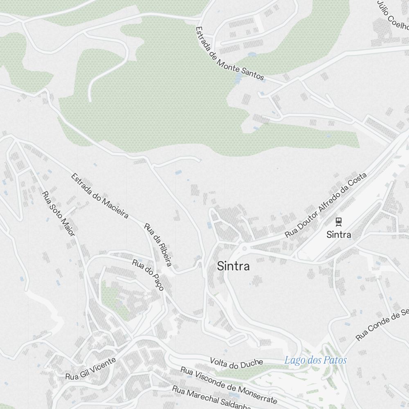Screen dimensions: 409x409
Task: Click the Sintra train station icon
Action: pyautogui.click(x=338, y=222)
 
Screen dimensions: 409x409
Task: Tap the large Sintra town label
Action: pyautogui.click(x=233, y=267)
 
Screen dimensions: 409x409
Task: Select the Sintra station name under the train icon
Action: pyautogui.click(x=339, y=235)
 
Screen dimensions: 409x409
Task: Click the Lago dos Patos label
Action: pyautogui.click(x=315, y=360)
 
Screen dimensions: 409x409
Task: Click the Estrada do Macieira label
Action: pyautogui.click(x=100, y=196)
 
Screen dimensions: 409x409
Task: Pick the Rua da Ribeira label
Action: pyautogui.click(x=158, y=245)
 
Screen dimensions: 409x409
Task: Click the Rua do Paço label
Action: pyautogui.click(x=148, y=275)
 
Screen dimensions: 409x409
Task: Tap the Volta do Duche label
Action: pyautogui.click(x=236, y=363)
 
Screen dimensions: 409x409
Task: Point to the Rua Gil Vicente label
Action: pyautogui.click(x=90, y=369)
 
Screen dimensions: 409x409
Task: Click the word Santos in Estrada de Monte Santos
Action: pyautogui.click(x=252, y=72)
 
